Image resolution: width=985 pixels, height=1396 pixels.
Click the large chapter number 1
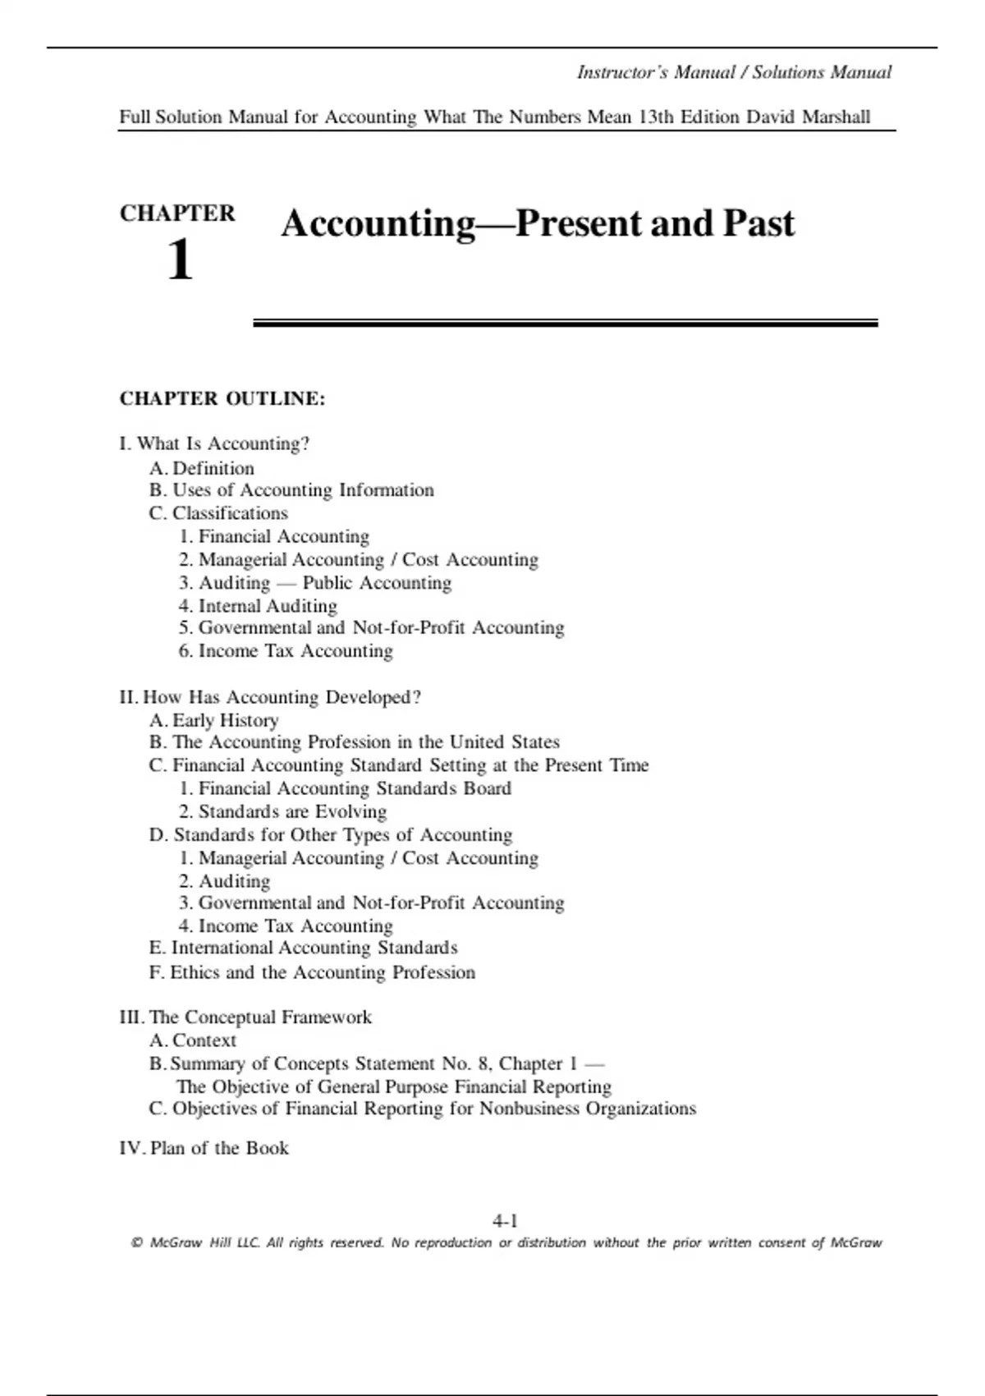(180, 260)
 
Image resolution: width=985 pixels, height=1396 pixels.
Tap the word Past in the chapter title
(758, 223)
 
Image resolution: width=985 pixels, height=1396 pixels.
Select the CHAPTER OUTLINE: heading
(222, 399)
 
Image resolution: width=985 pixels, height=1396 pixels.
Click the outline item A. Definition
(202, 468)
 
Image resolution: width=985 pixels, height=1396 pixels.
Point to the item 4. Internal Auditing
(258, 606)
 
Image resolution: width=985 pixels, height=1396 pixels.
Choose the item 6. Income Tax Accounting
(286, 651)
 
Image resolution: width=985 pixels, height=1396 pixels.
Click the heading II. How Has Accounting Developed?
(270, 697)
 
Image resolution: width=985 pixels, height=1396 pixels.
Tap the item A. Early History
(214, 720)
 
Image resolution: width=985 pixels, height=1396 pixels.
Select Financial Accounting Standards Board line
(345, 788)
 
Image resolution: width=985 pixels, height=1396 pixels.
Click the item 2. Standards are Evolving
(282, 811)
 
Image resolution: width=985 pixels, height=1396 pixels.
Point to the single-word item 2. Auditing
(224, 881)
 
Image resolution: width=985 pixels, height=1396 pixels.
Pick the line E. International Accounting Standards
(304, 948)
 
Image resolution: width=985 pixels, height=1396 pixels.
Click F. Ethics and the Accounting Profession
(312, 972)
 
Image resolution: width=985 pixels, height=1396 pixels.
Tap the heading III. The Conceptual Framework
(245, 1017)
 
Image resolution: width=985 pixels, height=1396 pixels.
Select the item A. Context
(193, 1040)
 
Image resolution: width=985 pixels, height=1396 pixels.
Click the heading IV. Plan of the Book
(204, 1148)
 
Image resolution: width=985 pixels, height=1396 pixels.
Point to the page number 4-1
(505, 1221)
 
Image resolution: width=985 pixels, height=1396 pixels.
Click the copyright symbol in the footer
(136, 1243)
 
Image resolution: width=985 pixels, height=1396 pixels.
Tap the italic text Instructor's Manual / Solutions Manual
(734, 72)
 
